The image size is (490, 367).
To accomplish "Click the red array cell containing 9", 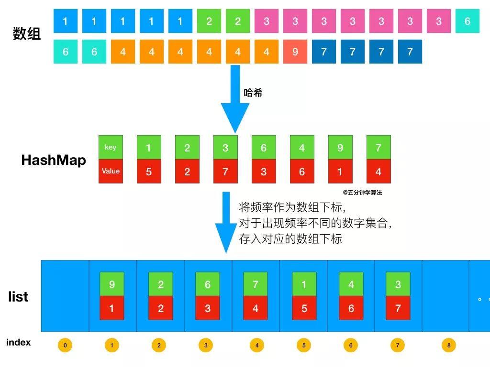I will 295,52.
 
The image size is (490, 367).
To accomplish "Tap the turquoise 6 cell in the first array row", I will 468,21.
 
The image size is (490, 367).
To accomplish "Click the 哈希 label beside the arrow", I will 253,93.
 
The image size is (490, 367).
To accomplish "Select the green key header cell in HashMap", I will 111,147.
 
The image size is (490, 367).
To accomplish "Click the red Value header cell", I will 111,171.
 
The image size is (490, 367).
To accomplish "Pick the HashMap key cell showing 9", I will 340,148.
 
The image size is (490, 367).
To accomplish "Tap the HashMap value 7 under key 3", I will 225,172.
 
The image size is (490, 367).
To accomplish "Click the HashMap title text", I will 54,160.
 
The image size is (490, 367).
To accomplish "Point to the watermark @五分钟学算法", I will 362,193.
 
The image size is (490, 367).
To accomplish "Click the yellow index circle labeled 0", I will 65,345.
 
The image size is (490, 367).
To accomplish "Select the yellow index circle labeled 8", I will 449,345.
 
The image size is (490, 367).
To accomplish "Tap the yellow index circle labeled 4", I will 257,345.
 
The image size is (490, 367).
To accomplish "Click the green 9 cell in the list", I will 112,284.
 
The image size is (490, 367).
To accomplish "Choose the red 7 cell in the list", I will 398,308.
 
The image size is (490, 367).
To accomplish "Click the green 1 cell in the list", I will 304,284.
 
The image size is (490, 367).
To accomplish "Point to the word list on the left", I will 18,297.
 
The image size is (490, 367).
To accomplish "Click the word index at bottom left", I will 18,342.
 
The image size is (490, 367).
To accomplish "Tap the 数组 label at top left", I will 26,34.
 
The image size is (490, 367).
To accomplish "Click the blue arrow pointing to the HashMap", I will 235,100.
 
